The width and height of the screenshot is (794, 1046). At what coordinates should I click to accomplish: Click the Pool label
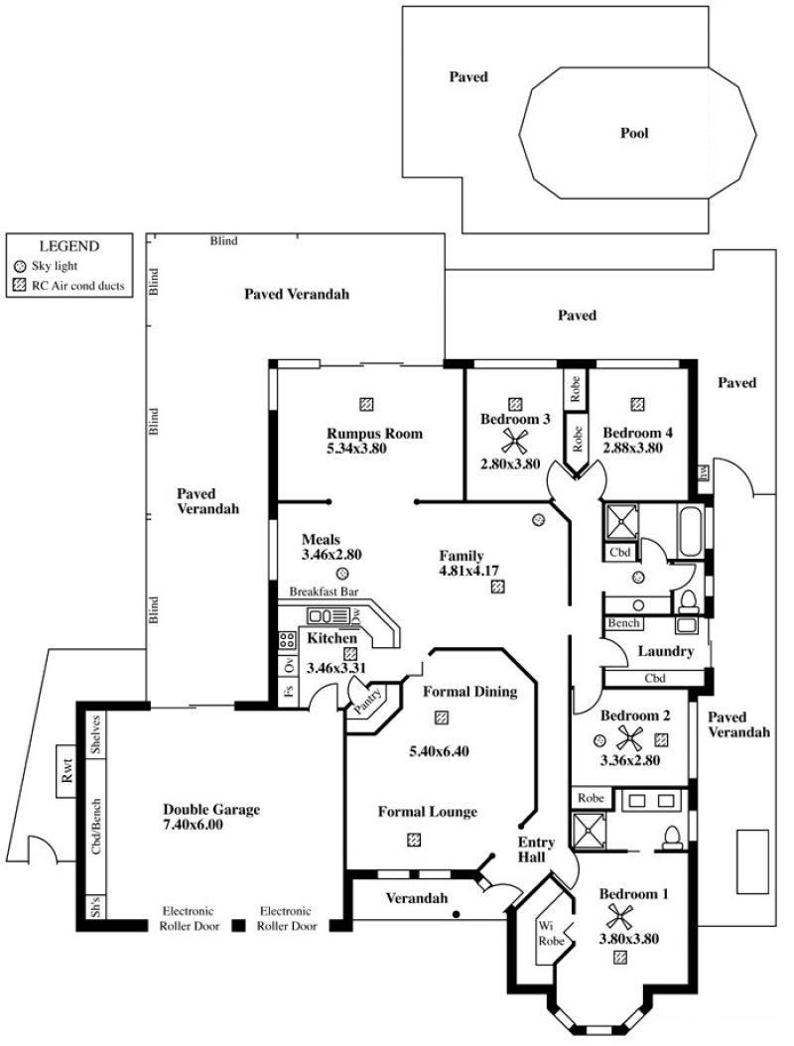pyautogui.click(x=634, y=133)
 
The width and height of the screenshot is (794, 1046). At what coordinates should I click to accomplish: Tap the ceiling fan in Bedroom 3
pyautogui.click(x=515, y=442)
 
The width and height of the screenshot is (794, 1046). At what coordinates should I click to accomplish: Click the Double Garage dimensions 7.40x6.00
pyautogui.click(x=198, y=825)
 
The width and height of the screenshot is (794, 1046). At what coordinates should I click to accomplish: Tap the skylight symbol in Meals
pyautogui.click(x=341, y=574)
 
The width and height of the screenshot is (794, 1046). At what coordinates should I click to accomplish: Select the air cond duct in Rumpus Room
pyautogui.click(x=366, y=404)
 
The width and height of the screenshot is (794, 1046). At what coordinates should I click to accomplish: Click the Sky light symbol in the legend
pyautogui.click(x=21, y=266)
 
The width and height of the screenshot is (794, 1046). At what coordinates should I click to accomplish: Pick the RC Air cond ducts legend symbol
pyautogui.click(x=21, y=285)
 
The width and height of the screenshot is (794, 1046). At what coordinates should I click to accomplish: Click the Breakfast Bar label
pyautogui.click(x=323, y=591)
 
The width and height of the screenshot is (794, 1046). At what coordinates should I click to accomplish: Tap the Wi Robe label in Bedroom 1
pyautogui.click(x=553, y=933)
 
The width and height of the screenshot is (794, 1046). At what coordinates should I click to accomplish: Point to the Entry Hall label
pyautogui.click(x=536, y=850)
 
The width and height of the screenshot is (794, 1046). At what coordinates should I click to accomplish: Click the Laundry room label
pyautogui.click(x=664, y=652)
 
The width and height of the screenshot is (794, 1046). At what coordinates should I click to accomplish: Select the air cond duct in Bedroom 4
pyautogui.click(x=637, y=404)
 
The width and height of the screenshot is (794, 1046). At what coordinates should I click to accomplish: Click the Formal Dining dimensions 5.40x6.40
pyautogui.click(x=439, y=751)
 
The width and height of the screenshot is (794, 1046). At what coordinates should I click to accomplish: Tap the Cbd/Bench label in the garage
pyautogui.click(x=96, y=826)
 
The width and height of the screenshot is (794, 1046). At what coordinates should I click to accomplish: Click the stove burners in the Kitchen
pyautogui.click(x=288, y=640)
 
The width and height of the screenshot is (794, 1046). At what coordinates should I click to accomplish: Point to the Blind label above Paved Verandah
pyautogui.click(x=224, y=240)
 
